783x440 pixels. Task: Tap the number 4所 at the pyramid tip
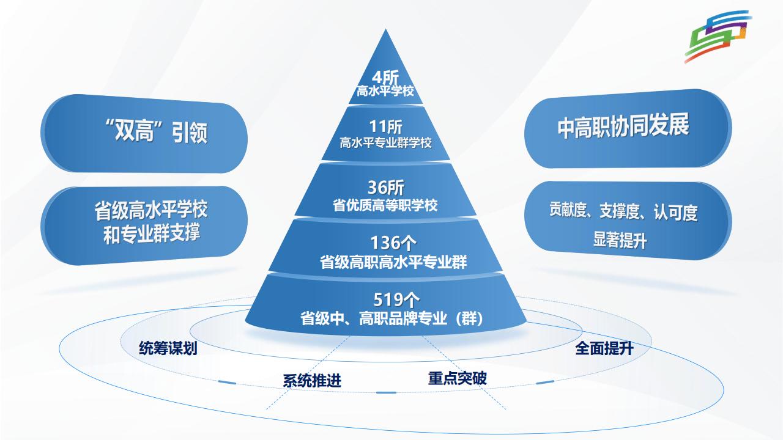click(385, 79)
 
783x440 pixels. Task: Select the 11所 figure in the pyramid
click(385, 128)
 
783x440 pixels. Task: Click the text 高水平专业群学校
click(385, 144)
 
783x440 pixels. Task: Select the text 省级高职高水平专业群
click(393, 263)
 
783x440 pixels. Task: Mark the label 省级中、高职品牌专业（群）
click(392, 318)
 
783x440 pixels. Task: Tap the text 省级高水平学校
click(150, 211)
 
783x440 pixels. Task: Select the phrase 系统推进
click(311, 380)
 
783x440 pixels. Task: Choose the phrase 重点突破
click(457, 378)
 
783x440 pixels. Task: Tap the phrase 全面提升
click(604, 349)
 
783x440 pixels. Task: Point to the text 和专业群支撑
click(150, 233)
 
